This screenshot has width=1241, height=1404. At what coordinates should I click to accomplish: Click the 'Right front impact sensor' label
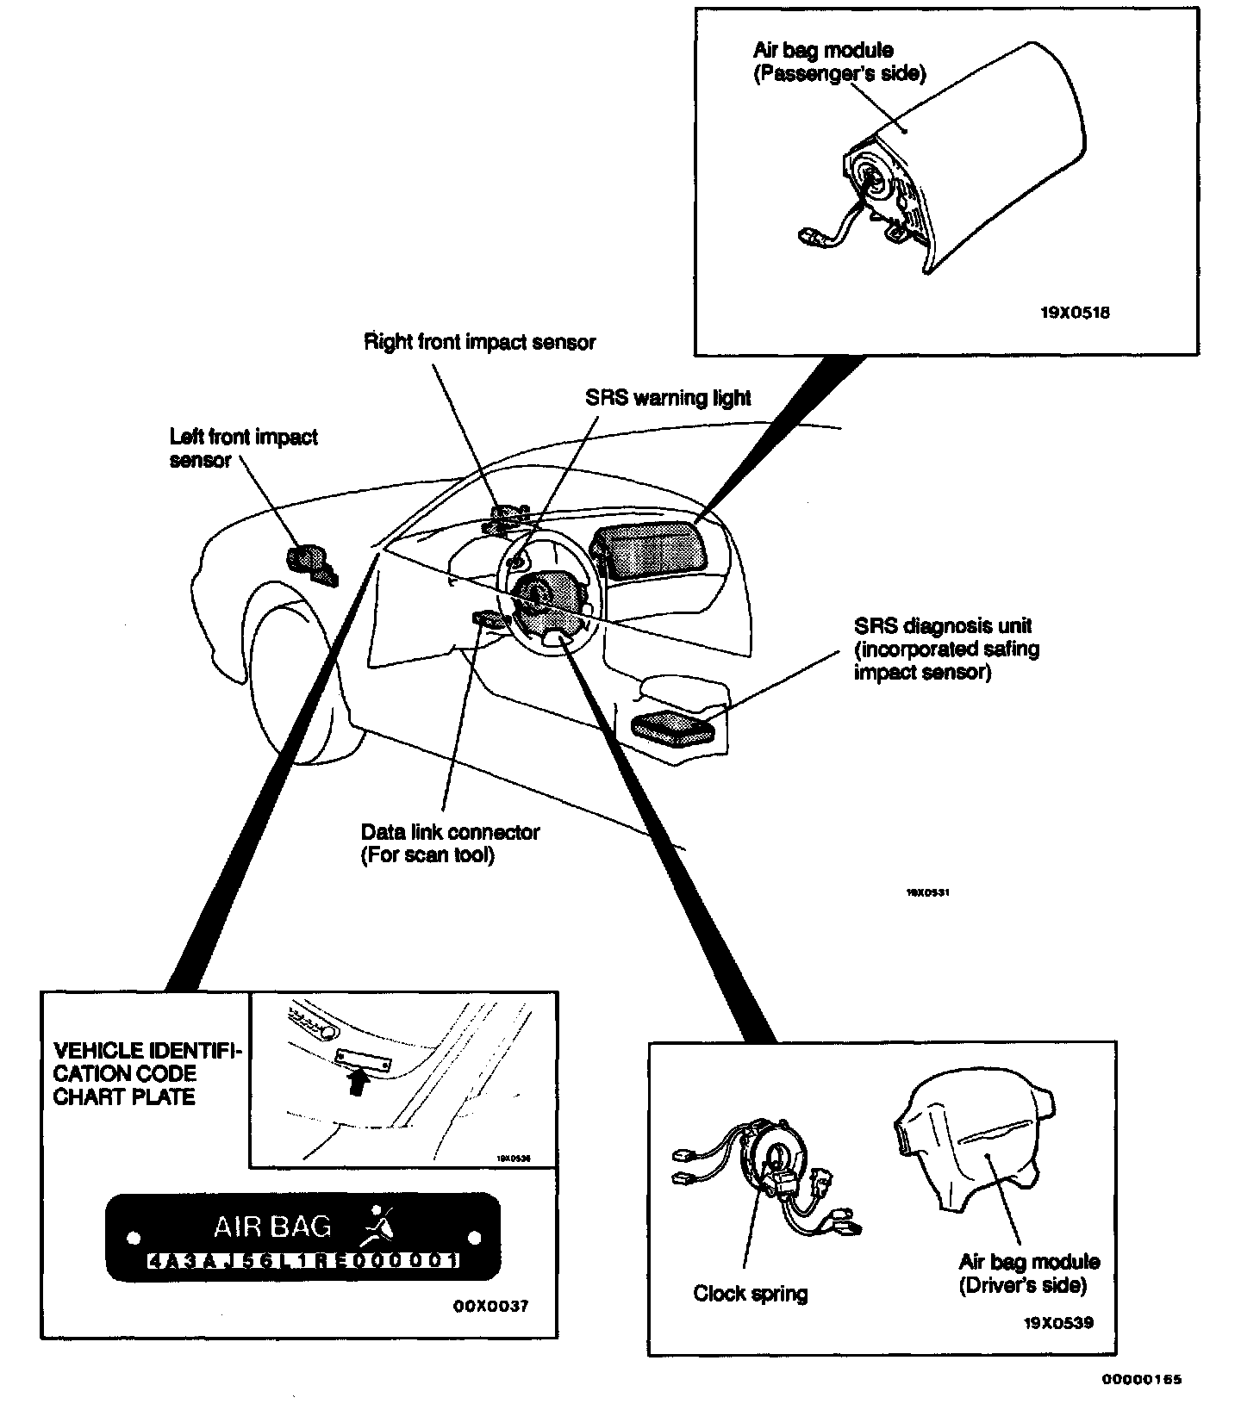[479, 343]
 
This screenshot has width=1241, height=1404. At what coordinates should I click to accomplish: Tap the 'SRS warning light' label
[668, 398]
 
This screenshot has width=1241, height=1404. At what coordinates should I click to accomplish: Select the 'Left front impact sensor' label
[243, 449]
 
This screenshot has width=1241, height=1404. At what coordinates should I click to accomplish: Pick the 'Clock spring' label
[751, 1294]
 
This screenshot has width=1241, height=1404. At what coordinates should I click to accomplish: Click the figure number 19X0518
[1075, 313]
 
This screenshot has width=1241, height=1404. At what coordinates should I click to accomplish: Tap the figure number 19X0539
[1058, 1322]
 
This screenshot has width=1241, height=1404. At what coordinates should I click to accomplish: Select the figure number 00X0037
[490, 1307]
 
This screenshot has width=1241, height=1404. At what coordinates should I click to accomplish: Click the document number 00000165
[1141, 1379]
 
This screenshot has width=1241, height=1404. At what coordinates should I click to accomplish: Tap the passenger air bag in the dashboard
[645, 548]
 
